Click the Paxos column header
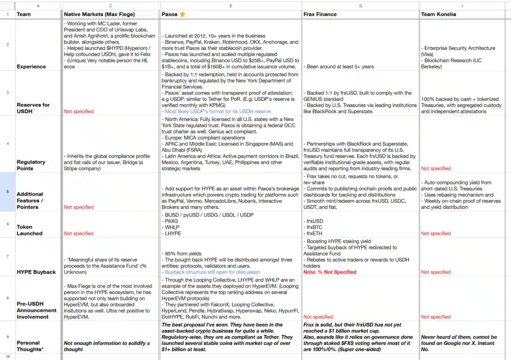(170, 14)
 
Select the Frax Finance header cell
(320, 14)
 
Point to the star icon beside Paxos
(183, 14)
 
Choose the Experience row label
(31, 66)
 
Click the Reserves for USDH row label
(33, 108)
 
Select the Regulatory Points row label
(31, 165)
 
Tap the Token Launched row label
(29, 230)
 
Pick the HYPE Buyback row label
(36, 272)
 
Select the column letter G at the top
(360, 5)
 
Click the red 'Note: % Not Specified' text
(330, 272)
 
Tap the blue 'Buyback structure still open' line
(213, 272)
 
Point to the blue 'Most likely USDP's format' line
(218, 111)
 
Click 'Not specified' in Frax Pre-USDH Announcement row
(318, 317)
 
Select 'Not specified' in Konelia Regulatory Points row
(436, 168)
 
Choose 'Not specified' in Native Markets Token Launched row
(78, 233)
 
